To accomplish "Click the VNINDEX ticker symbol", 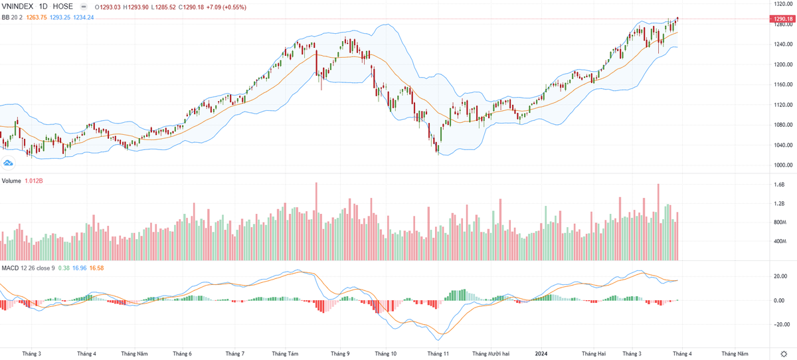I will click(x=18, y=7).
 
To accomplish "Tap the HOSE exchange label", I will click(x=63, y=7).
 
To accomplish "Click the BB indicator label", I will click(x=5, y=17).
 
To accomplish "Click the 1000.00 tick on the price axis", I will click(x=780, y=165).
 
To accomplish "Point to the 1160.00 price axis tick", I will click(x=780, y=84).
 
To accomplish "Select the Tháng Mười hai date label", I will click(x=489, y=353).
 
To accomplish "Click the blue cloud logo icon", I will click(x=9, y=163).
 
